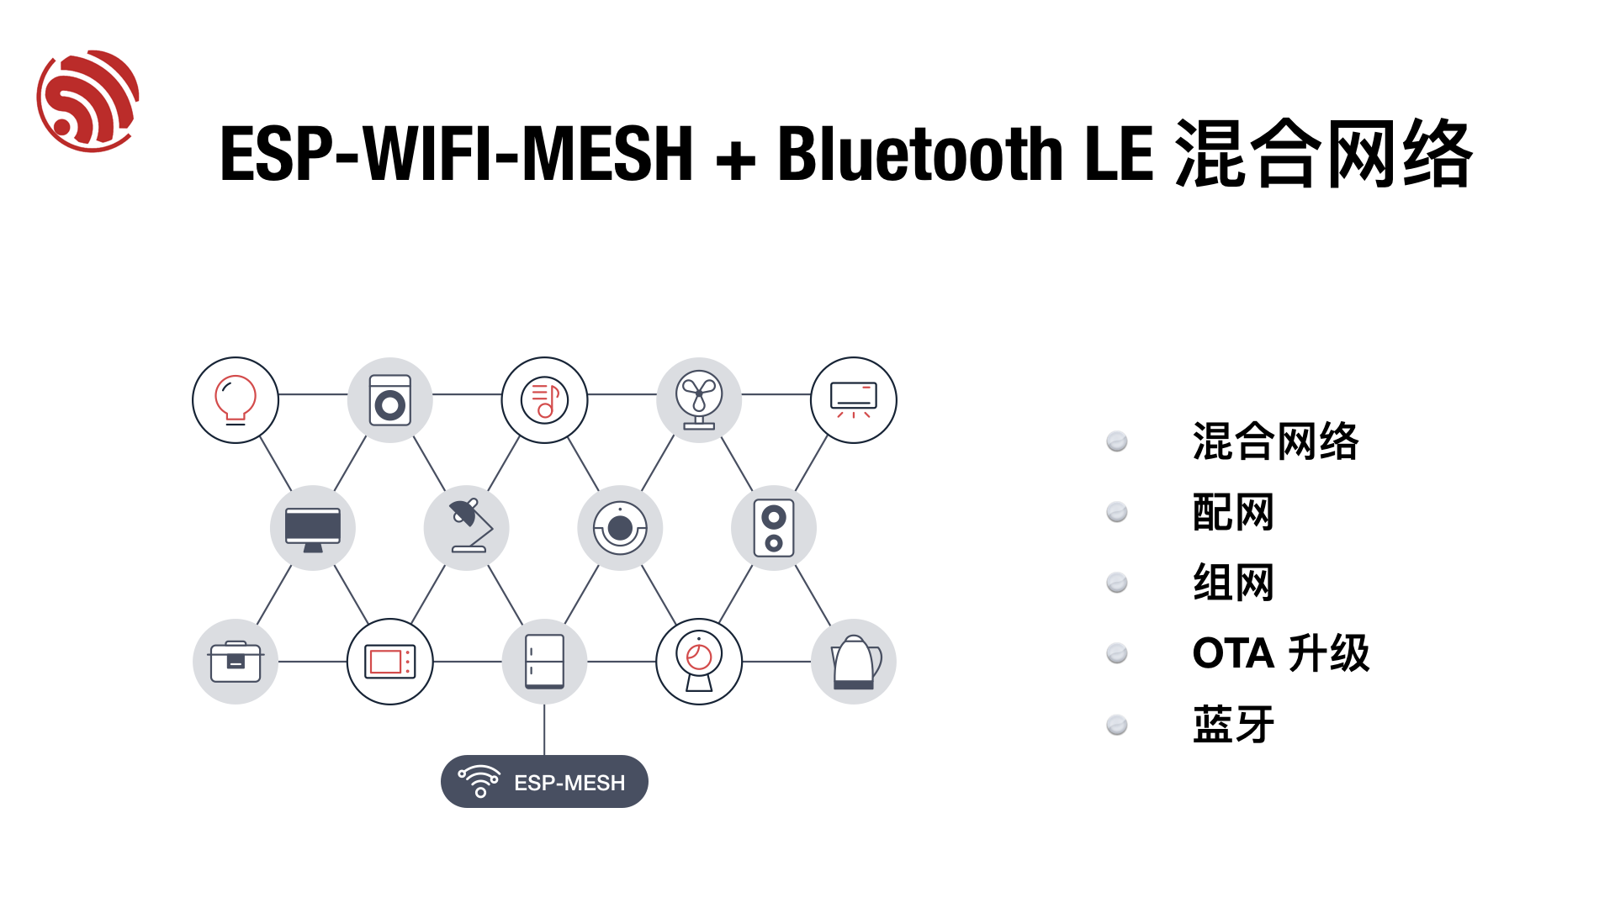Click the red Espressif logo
tap(88, 101)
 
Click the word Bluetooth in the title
tap(920, 154)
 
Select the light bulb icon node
tap(236, 400)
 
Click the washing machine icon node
tap(390, 400)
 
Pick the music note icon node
tap(545, 400)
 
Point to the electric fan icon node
tap(699, 400)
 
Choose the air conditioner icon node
tap(854, 400)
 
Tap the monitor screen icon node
tap(313, 528)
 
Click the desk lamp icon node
tap(467, 528)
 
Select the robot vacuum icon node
tap(621, 528)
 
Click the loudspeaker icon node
tap(774, 528)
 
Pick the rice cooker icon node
tap(236, 662)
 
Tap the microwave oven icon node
tap(390, 662)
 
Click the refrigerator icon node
tap(545, 662)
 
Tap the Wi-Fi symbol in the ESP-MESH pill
tap(479, 781)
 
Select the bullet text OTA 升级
tap(1281, 653)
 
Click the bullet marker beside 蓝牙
tap(1117, 725)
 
